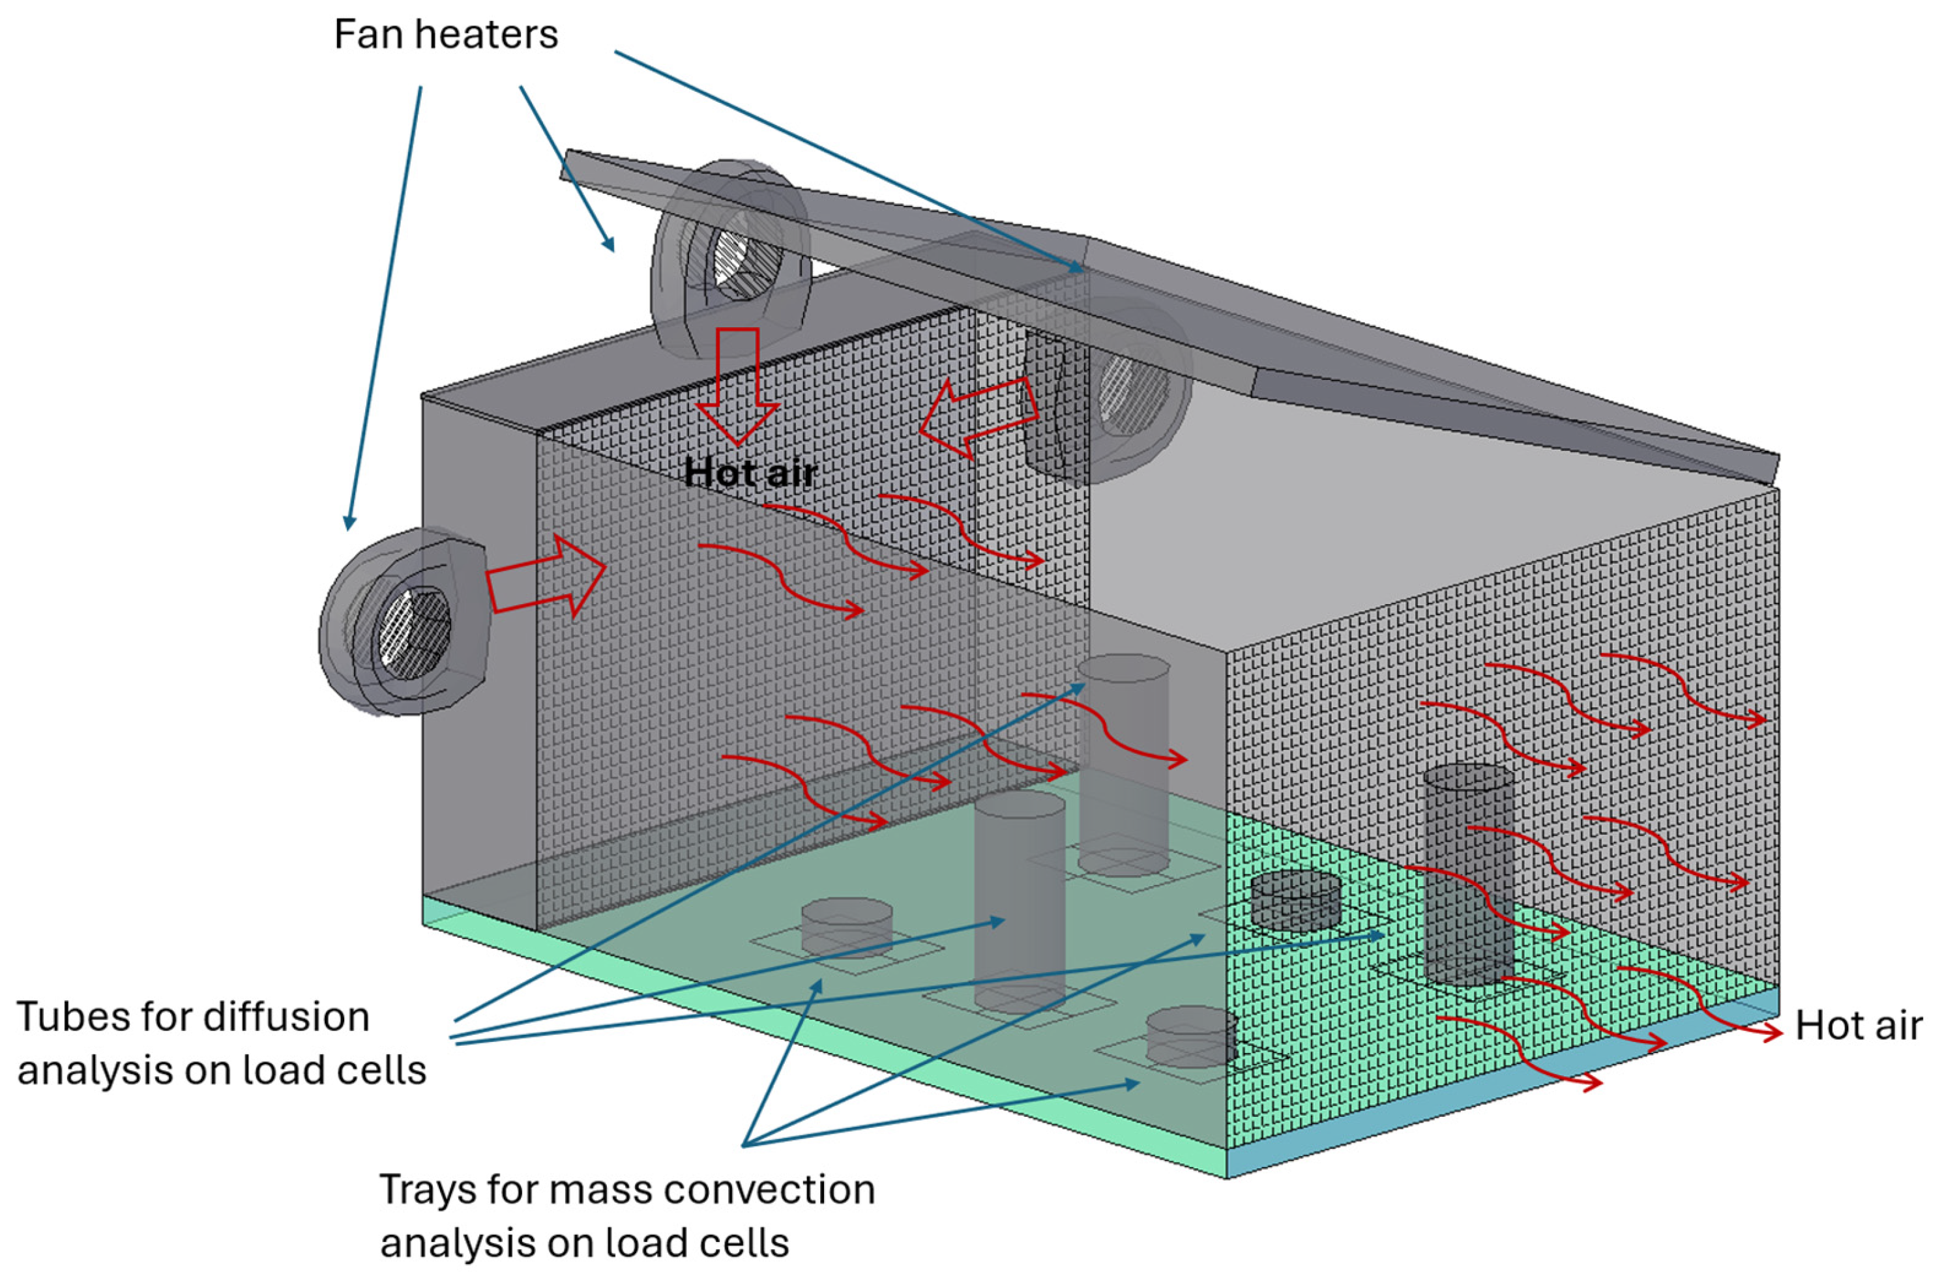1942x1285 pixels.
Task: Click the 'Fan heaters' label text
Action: click(445, 35)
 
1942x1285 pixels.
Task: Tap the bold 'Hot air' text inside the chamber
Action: click(751, 473)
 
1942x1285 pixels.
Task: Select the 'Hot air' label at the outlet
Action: click(1857, 1026)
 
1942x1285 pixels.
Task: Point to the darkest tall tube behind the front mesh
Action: click(1467, 873)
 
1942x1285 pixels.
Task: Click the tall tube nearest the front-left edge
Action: click(1019, 901)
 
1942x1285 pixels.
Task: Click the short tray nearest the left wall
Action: click(846, 928)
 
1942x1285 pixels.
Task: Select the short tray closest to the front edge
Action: click(1191, 1037)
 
